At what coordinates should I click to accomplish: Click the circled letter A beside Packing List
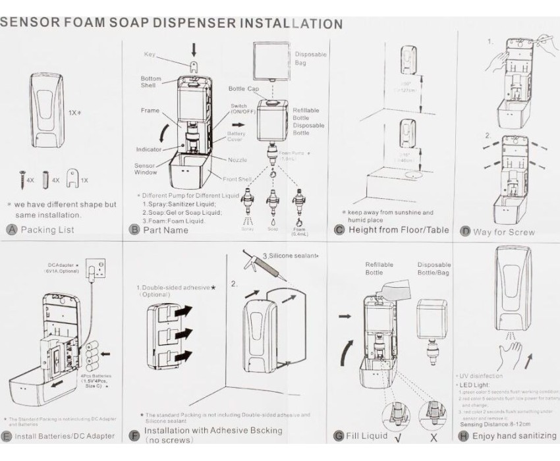pos(11,230)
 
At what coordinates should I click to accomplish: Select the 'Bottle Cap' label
pos(243,88)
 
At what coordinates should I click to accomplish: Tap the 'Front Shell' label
pos(235,179)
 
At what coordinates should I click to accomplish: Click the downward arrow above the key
pos(192,49)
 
